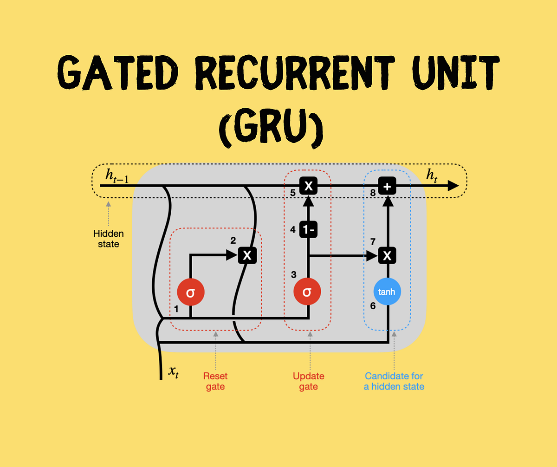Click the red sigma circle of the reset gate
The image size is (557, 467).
click(190, 292)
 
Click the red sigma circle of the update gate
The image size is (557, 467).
click(307, 292)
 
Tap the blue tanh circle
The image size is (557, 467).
click(387, 292)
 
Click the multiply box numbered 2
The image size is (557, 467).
click(247, 255)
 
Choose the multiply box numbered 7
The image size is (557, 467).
click(387, 255)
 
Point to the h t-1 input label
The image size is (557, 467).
click(117, 176)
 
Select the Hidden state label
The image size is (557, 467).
click(108, 239)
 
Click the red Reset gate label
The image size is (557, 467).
click(215, 381)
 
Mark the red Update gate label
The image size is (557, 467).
click(308, 381)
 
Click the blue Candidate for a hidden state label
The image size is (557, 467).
click(394, 381)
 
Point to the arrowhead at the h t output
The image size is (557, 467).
click(452, 186)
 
